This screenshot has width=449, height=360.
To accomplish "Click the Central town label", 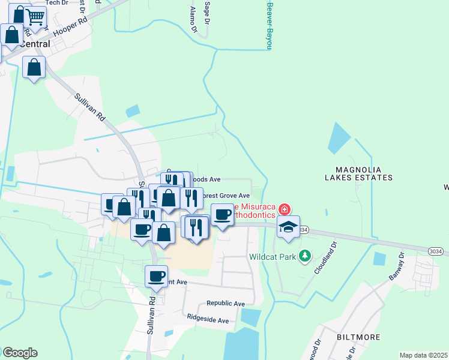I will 35,44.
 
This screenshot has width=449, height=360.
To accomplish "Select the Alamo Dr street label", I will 193,19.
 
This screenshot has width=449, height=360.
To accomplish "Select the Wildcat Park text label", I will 273,257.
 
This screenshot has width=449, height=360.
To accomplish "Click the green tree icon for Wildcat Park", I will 306,256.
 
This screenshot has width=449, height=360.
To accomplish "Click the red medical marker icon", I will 284,209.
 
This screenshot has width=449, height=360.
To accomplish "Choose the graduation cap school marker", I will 288,227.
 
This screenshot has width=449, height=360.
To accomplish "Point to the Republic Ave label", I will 226,304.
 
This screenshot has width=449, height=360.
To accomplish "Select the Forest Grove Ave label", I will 224,196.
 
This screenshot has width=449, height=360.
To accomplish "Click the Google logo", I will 20,352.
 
